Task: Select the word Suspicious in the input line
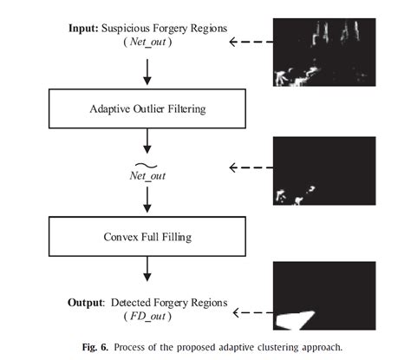click(130, 28)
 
